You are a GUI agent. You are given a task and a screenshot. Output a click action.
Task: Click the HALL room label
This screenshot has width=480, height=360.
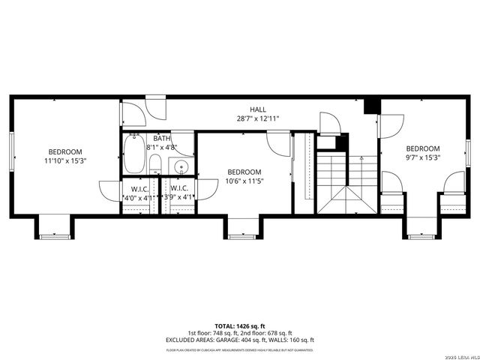point(257,109)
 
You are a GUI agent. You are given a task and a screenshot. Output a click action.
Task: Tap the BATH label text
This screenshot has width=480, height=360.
point(162,138)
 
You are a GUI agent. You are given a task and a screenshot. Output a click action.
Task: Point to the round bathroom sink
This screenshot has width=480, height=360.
point(181,166)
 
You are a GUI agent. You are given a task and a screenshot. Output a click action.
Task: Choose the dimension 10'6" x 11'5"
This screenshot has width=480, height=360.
point(244,181)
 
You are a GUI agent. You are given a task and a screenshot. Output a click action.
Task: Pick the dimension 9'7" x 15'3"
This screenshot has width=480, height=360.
point(423,157)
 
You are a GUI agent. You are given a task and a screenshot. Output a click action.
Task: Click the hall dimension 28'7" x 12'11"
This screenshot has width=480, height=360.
point(257,119)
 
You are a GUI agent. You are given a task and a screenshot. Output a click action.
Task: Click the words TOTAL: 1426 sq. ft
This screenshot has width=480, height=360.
point(241,327)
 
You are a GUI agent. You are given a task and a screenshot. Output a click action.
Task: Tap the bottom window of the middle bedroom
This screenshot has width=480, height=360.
point(241,236)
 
